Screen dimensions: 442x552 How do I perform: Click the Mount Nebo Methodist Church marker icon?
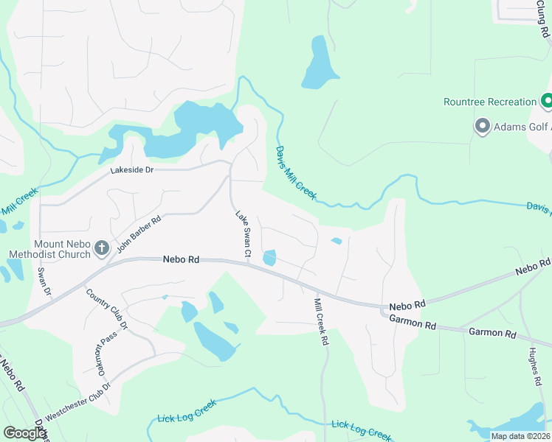click(x=102, y=248)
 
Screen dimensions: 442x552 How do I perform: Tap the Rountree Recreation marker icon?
click(x=547, y=101)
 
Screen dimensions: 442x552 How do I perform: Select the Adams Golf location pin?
click(x=483, y=127)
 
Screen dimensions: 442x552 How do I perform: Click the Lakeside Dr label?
click(x=131, y=170)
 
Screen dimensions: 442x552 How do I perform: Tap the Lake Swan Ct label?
click(x=244, y=236)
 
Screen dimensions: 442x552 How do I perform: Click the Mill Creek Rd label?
click(x=321, y=323)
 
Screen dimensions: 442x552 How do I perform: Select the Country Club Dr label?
click(x=107, y=309)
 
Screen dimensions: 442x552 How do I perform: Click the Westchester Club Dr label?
click(x=77, y=401)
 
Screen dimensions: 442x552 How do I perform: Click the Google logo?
click(x=24, y=433)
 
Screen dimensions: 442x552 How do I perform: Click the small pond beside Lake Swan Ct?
click(x=270, y=258)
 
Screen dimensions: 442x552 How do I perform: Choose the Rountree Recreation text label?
click(x=490, y=102)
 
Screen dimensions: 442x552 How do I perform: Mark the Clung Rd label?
click(x=543, y=21)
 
